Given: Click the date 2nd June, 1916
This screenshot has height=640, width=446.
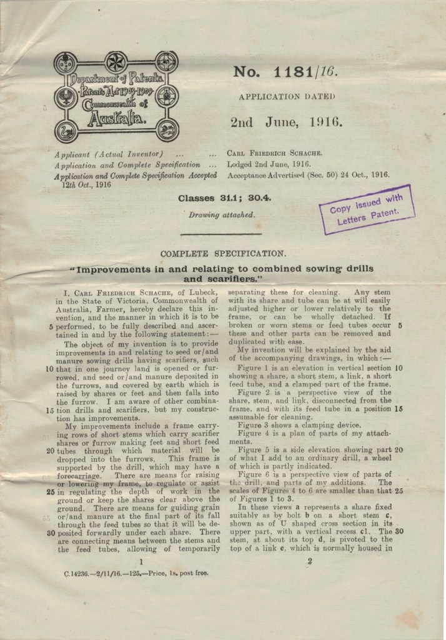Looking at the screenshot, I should [x=286, y=122].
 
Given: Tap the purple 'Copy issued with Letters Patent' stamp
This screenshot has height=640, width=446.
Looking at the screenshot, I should [x=366, y=209].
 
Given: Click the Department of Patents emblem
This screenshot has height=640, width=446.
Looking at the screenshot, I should [x=116, y=97].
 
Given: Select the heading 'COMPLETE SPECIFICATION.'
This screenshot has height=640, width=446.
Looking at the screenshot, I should [x=224, y=254].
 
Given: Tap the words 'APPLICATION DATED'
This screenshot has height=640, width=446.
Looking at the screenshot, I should [x=287, y=97].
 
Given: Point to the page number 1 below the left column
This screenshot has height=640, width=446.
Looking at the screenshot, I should [x=141, y=562].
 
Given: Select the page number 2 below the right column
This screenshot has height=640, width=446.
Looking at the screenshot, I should [x=309, y=562].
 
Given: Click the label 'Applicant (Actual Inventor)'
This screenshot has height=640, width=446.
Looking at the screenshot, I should [x=109, y=154].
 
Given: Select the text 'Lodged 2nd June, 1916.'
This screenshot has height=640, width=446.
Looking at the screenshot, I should [x=269, y=164].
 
